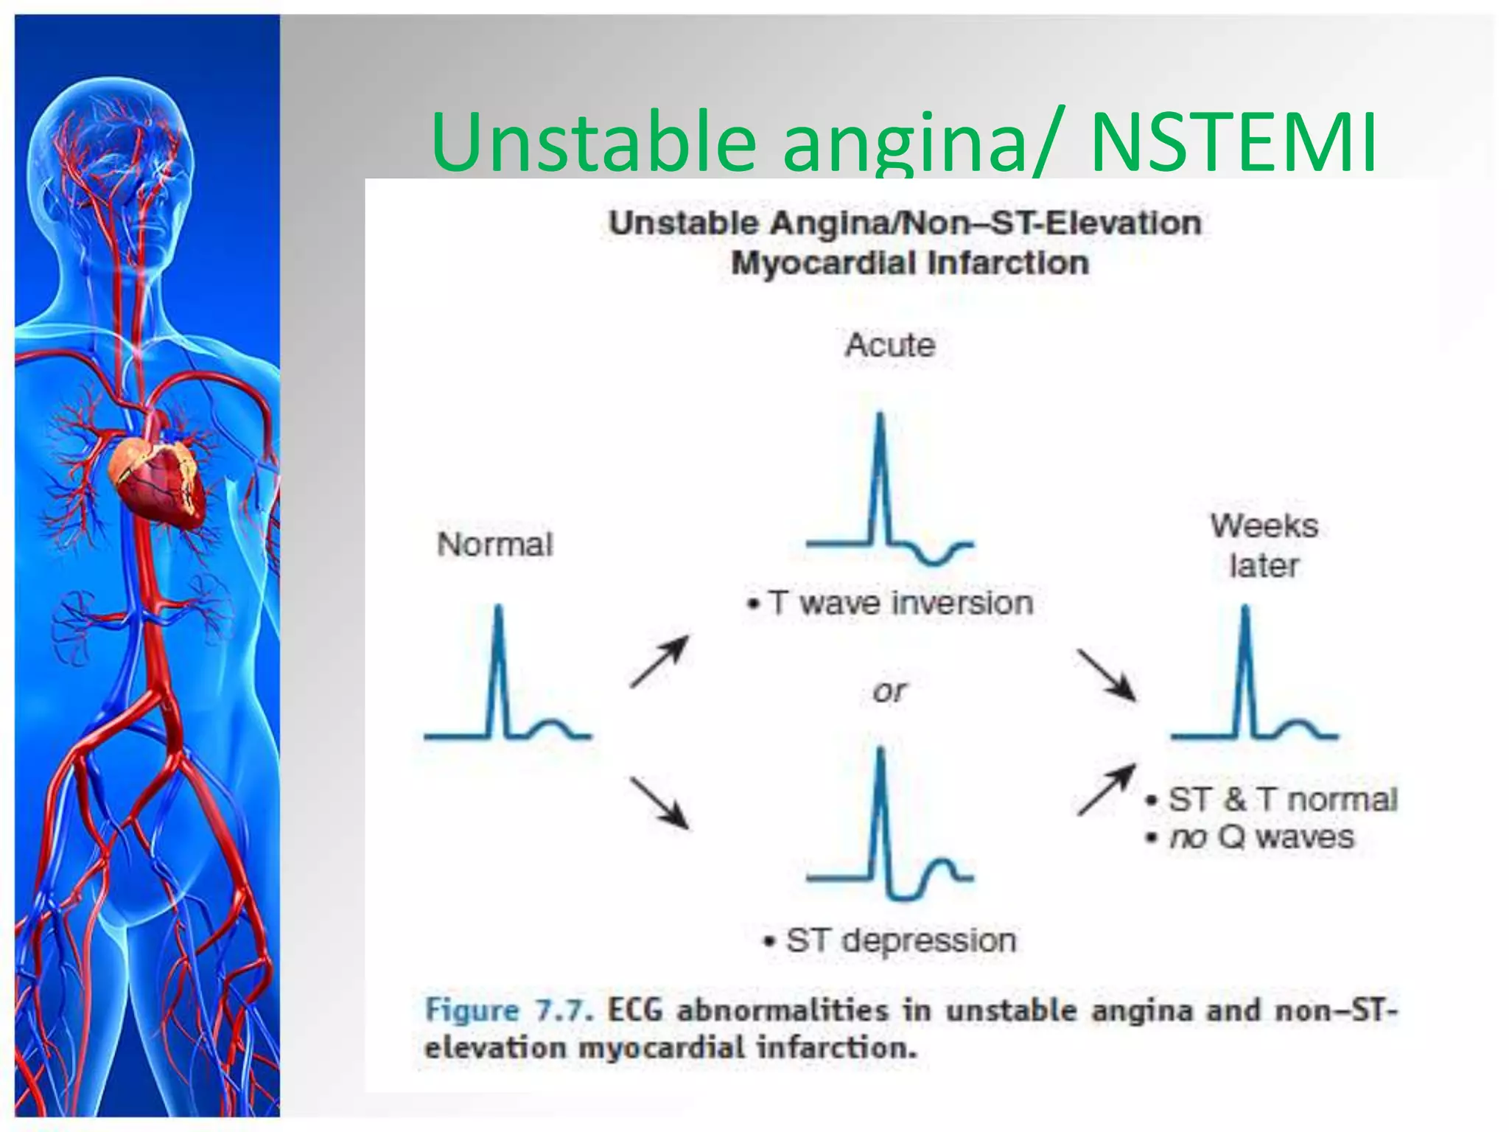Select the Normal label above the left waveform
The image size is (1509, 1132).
(x=494, y=545)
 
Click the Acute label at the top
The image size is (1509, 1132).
(x=890, y=345)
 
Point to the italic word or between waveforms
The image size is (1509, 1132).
(x=889, y=691)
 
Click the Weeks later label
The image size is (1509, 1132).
(x=1264, y=545)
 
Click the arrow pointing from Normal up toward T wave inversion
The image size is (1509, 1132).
(x=659, y=662)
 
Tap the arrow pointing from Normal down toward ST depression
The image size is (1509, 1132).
(x=659, y=803)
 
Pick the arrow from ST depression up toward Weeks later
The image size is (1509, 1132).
(x=1106, y=790)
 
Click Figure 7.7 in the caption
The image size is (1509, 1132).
(x=508, y=1010)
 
